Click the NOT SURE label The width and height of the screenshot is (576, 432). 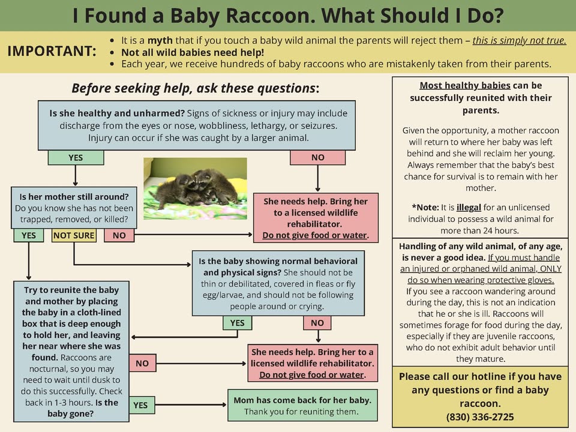(74, 235)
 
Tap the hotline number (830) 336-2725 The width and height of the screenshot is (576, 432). (480, 417)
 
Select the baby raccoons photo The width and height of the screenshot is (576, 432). (195, 188)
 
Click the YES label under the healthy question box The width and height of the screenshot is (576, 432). (76, 158)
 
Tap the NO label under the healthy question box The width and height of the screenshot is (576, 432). (318, 157)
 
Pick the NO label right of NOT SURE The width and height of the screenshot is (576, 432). (119, 235)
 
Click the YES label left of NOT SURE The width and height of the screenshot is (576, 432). (29, 235)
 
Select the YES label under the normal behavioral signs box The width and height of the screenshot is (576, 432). (238, 323)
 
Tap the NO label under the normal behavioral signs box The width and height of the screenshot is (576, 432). (317, 323)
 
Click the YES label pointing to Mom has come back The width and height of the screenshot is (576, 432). (140, 405)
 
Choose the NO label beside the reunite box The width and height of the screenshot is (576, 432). (142, 364)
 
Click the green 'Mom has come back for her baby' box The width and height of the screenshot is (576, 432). (302, 405)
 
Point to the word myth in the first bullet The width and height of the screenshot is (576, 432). (160, 40)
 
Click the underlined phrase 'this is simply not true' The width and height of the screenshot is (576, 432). (519, 40)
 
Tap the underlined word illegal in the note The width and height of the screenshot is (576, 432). (469, 207)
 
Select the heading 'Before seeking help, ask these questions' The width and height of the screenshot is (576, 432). (196, 88)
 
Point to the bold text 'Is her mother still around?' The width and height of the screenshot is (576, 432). (74, 197)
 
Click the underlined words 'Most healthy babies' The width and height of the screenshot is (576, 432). (465, 86)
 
